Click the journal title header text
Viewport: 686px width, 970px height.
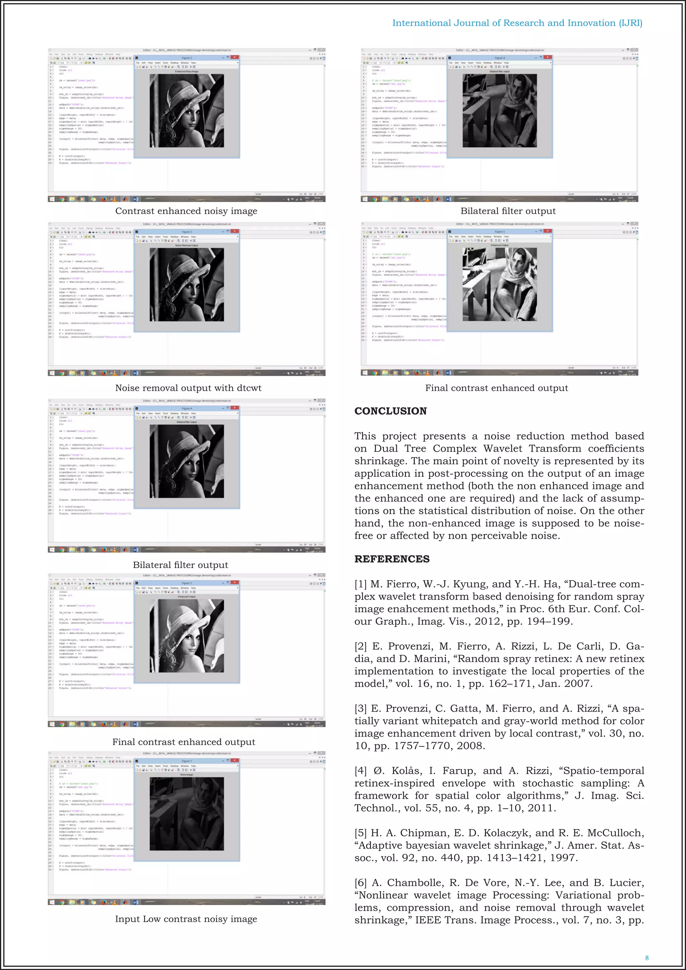pyautogui.click(x=517, y=23)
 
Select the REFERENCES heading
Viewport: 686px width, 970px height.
pyautogui.click(x=392, y=559)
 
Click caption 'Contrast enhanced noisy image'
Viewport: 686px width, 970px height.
pyautogui.click(x=186, y=211)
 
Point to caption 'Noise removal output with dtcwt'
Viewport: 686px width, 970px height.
pyautogui.click(x=188, y=388)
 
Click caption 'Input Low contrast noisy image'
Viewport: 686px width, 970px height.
pyautogui.click(x=186, y=919)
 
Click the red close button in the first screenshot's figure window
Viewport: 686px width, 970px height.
pyautogui.click(x=235, y=58)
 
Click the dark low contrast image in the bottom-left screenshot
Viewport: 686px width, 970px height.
pyautogui.click(x=187, y=814)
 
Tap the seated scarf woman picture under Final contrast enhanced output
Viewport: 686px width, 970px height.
pyautogui.click(x=500, y=284)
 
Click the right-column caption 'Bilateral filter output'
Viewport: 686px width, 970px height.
pyautogui.click(x=508, y=211)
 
